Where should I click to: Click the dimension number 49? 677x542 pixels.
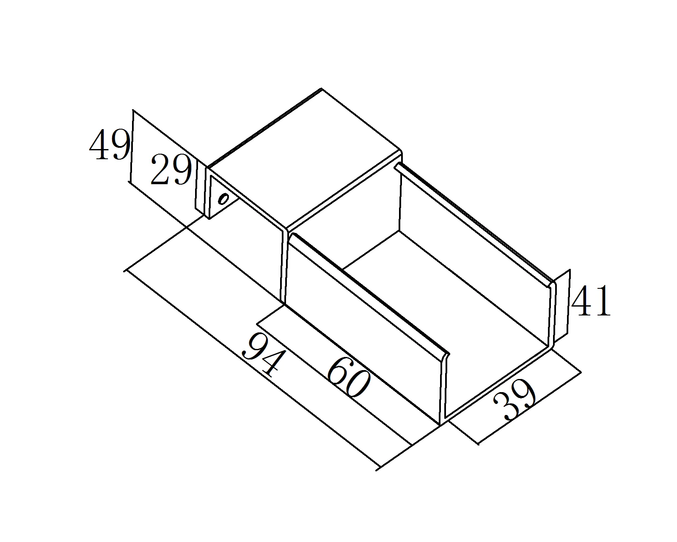click(x=109, y=145)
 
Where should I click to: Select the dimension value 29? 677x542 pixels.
click(x=171, y=170)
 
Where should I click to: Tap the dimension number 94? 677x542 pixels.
click(x=263, y=355)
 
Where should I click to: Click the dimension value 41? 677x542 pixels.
click(x=591, y=301)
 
